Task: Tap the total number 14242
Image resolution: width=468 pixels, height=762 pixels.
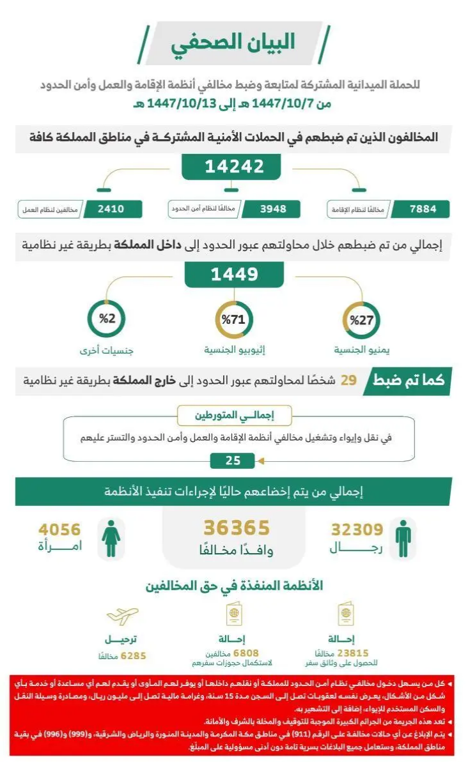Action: [x=234, y=167]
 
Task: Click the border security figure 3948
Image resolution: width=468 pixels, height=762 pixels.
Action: [x=264, y=210]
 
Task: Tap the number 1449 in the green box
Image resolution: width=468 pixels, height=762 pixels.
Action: [x=234, y=275]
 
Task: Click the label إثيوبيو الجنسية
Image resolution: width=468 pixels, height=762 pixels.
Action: [x=234, y=351]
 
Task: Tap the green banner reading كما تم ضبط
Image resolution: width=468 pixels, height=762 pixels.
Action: [x=410, y=381]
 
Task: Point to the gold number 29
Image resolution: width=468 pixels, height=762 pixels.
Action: [x=348, y=381]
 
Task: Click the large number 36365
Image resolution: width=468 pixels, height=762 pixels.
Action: [x=237, y=528]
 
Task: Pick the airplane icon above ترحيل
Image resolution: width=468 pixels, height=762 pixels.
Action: [x=122, y=616]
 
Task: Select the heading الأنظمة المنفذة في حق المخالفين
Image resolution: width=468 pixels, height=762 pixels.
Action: [x=234, y=586]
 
